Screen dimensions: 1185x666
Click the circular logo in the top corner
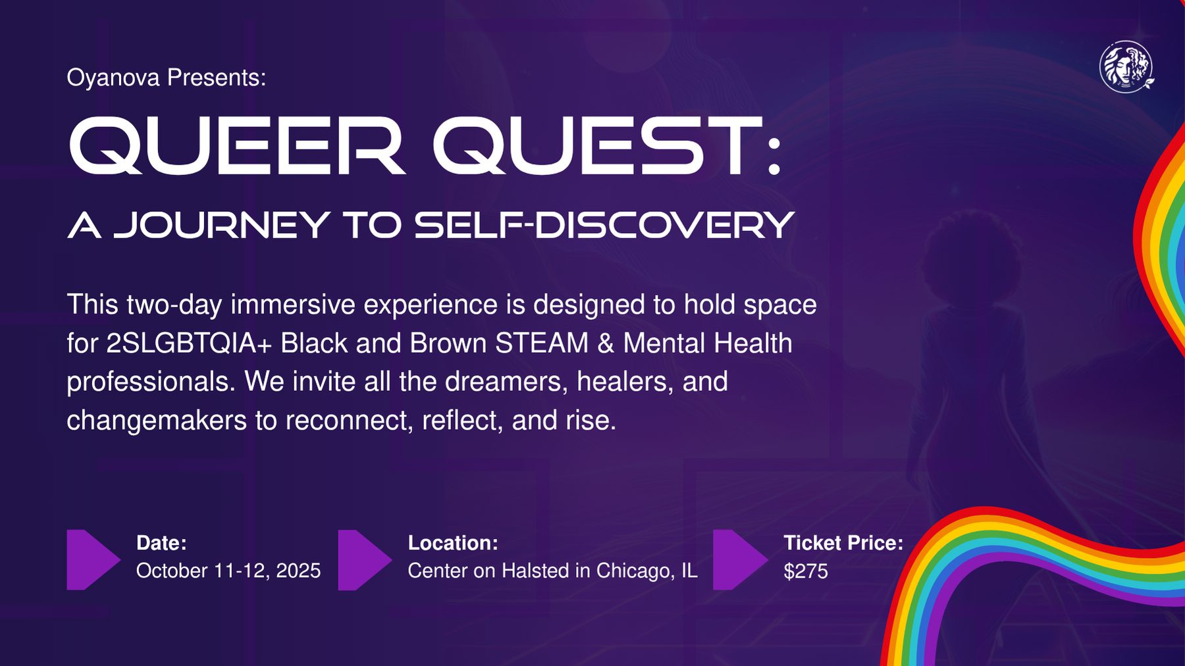click(x=1126, y=66)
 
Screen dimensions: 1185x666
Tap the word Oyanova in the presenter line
click(x=113, y=78)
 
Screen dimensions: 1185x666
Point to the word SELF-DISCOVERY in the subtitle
click(x=604, y=225)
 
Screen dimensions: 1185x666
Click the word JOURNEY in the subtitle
click(x=221, y=225)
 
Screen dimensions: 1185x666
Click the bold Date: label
click(x=161, y=543)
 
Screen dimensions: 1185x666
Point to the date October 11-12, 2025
click(x=228, y=571)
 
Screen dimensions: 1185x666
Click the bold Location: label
click(x=453, y=543)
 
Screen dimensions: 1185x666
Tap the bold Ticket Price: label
click(x=843, y=543)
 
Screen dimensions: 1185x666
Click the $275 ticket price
click(x=806, y=571)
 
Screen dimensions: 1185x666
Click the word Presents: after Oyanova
click(x=217, y=78)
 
